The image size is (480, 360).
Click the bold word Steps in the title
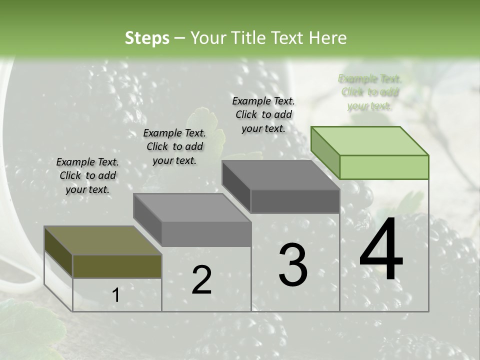pos(147,38)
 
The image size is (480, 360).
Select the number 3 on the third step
pos(293,265)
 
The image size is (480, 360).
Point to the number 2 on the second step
pos(201,280)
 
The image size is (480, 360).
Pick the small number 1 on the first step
pos(116,296)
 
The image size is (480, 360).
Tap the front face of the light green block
pos(384,167)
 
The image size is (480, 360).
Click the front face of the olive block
pos(117,266)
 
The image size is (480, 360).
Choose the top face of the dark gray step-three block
pos(280,175)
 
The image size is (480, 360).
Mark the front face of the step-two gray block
pos(206,234)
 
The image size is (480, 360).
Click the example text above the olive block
pos(87,176)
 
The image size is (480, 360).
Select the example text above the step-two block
pos(174,147)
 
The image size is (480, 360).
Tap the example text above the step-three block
pos(263,115)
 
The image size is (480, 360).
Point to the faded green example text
pos(369,92)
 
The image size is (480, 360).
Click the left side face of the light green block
pos(325,152)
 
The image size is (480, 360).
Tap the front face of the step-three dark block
pos(295,201)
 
